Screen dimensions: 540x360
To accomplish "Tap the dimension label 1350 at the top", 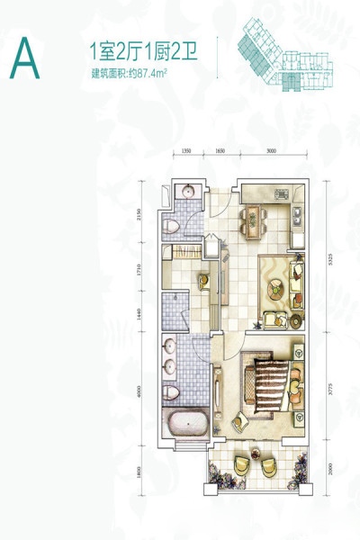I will (186, 151).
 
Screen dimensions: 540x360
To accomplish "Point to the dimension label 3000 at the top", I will (271, 151).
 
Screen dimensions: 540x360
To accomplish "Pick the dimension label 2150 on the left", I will (139, 206).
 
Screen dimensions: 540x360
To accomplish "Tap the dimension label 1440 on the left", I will (139, 314).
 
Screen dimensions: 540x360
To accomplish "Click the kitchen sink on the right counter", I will (296, 215).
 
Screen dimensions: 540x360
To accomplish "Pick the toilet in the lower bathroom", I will (171, 391).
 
